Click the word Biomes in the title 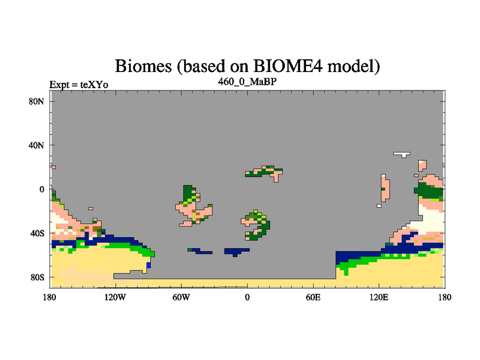click(x=143, y=66)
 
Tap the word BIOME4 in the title click(x=288, y=65)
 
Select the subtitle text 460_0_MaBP click(x=247, y=82)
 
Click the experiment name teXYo click(x=94, y=85)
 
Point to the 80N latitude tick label click(x=37, y=101)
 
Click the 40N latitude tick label click(x=37, y=145)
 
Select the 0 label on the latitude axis click(x=41, y=190)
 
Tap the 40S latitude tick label click(x=37, y=233)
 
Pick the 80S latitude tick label click(x=37, y=277)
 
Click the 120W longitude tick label click(x=115, y=297)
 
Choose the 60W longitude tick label click(x=181, y=297)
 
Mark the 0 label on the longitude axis click(x=247, y=297)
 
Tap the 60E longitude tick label click(x=313, y=297)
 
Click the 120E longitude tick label click(x=379, y=297)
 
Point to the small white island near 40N click(x=402, y=154)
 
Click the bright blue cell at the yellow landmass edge click(x=148, y=265)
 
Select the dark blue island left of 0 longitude click(x=200, y=251)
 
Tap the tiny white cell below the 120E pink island click(x=379, y=206)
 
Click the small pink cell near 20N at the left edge click(x=53, y=167)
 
